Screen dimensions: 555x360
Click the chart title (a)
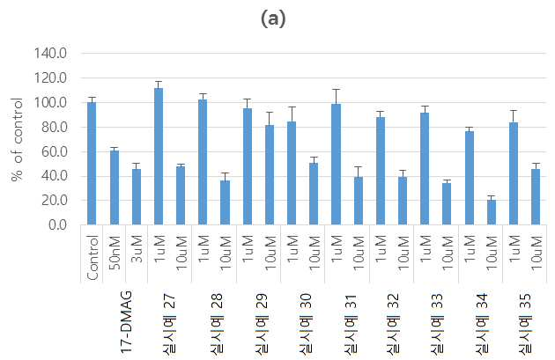(x=273, y=18)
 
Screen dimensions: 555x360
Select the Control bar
(x=92, y=164)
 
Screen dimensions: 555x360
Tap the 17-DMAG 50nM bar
(x=114, y=187)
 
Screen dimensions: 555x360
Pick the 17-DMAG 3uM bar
(x=137, y=196)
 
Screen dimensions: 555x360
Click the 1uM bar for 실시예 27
(x=159, y=157)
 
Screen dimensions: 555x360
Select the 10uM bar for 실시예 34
(x=492, y=212)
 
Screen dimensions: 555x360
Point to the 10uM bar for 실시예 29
(x=270, y=174)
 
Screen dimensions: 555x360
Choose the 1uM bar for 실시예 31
(x=336, y=164)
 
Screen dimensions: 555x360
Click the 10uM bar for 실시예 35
(x=536, y=196)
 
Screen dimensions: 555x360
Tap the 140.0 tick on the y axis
(x=50, y=54)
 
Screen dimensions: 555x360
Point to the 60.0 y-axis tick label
(x=54, y=151)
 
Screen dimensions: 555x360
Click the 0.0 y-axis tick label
(x=57, y=225)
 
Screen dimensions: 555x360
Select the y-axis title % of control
(x=17, y=139)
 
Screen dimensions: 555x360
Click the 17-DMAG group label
(x=126, y=321)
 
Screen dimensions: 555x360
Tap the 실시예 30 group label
(x=305, y=323)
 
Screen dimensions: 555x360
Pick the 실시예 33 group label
(x=438, y=323)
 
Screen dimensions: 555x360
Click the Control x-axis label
(x=92, y=258)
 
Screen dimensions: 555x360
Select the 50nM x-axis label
(x=115, y=253)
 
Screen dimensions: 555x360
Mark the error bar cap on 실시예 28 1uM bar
(x=203, y=93)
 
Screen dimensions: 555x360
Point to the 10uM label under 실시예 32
(x=403, y=253)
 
